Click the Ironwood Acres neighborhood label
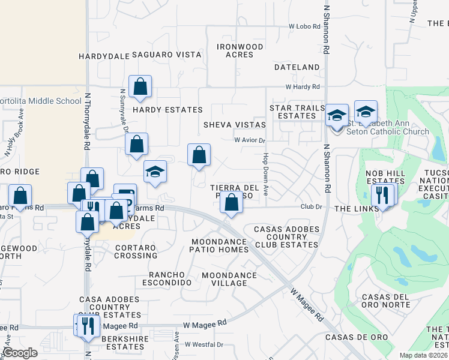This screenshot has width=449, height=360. (240, 50)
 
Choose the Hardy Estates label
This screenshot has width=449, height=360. (167, 110)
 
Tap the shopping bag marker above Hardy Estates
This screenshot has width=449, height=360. (140, 87)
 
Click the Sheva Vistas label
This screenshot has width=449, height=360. (234, 124)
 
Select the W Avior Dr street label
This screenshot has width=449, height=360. (249, 140)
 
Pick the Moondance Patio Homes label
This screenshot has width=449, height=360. (220, 245)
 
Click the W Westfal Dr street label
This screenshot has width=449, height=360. (203, 345)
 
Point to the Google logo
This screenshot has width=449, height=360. (20, 353)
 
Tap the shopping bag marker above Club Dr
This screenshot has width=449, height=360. (232, 203)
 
